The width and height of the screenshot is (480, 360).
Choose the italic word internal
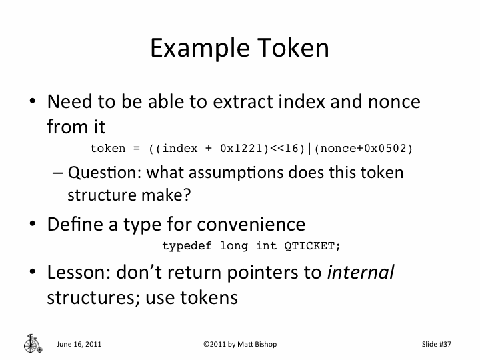click(361, 273)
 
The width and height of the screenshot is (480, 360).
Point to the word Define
click(73, 224)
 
